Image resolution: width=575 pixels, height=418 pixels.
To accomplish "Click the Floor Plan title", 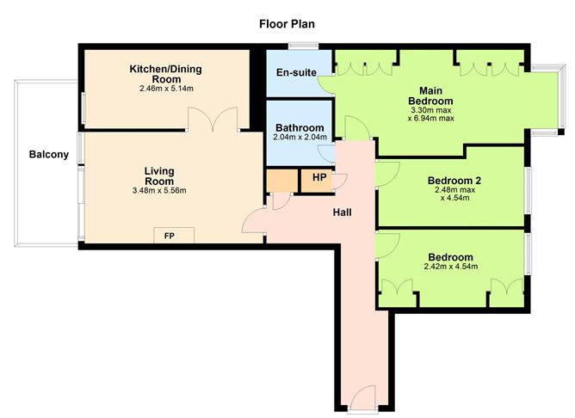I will (x=287, y=23).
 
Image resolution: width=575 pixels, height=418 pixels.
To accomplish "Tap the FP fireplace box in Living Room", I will (x=169, y=235).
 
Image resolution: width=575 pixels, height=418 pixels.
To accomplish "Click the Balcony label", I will (x=44, y=155).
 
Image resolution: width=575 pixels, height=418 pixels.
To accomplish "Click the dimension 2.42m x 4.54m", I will (x=450, y=267).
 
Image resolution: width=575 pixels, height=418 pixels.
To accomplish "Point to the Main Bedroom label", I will (x=437, y=95).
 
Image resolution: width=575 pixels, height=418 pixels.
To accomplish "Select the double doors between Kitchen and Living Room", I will (x=213, y=119).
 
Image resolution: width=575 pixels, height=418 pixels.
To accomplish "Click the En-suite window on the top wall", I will (x=304, y=46).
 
